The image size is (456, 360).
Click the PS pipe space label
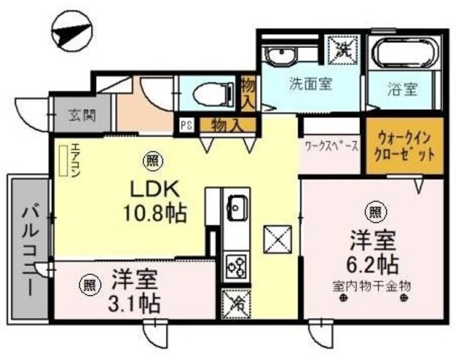187,125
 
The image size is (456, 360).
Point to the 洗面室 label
310,83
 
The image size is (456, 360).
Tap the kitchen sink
237,208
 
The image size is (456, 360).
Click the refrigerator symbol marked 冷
236,302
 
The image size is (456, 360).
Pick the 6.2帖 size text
373,264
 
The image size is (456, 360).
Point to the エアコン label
76,160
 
